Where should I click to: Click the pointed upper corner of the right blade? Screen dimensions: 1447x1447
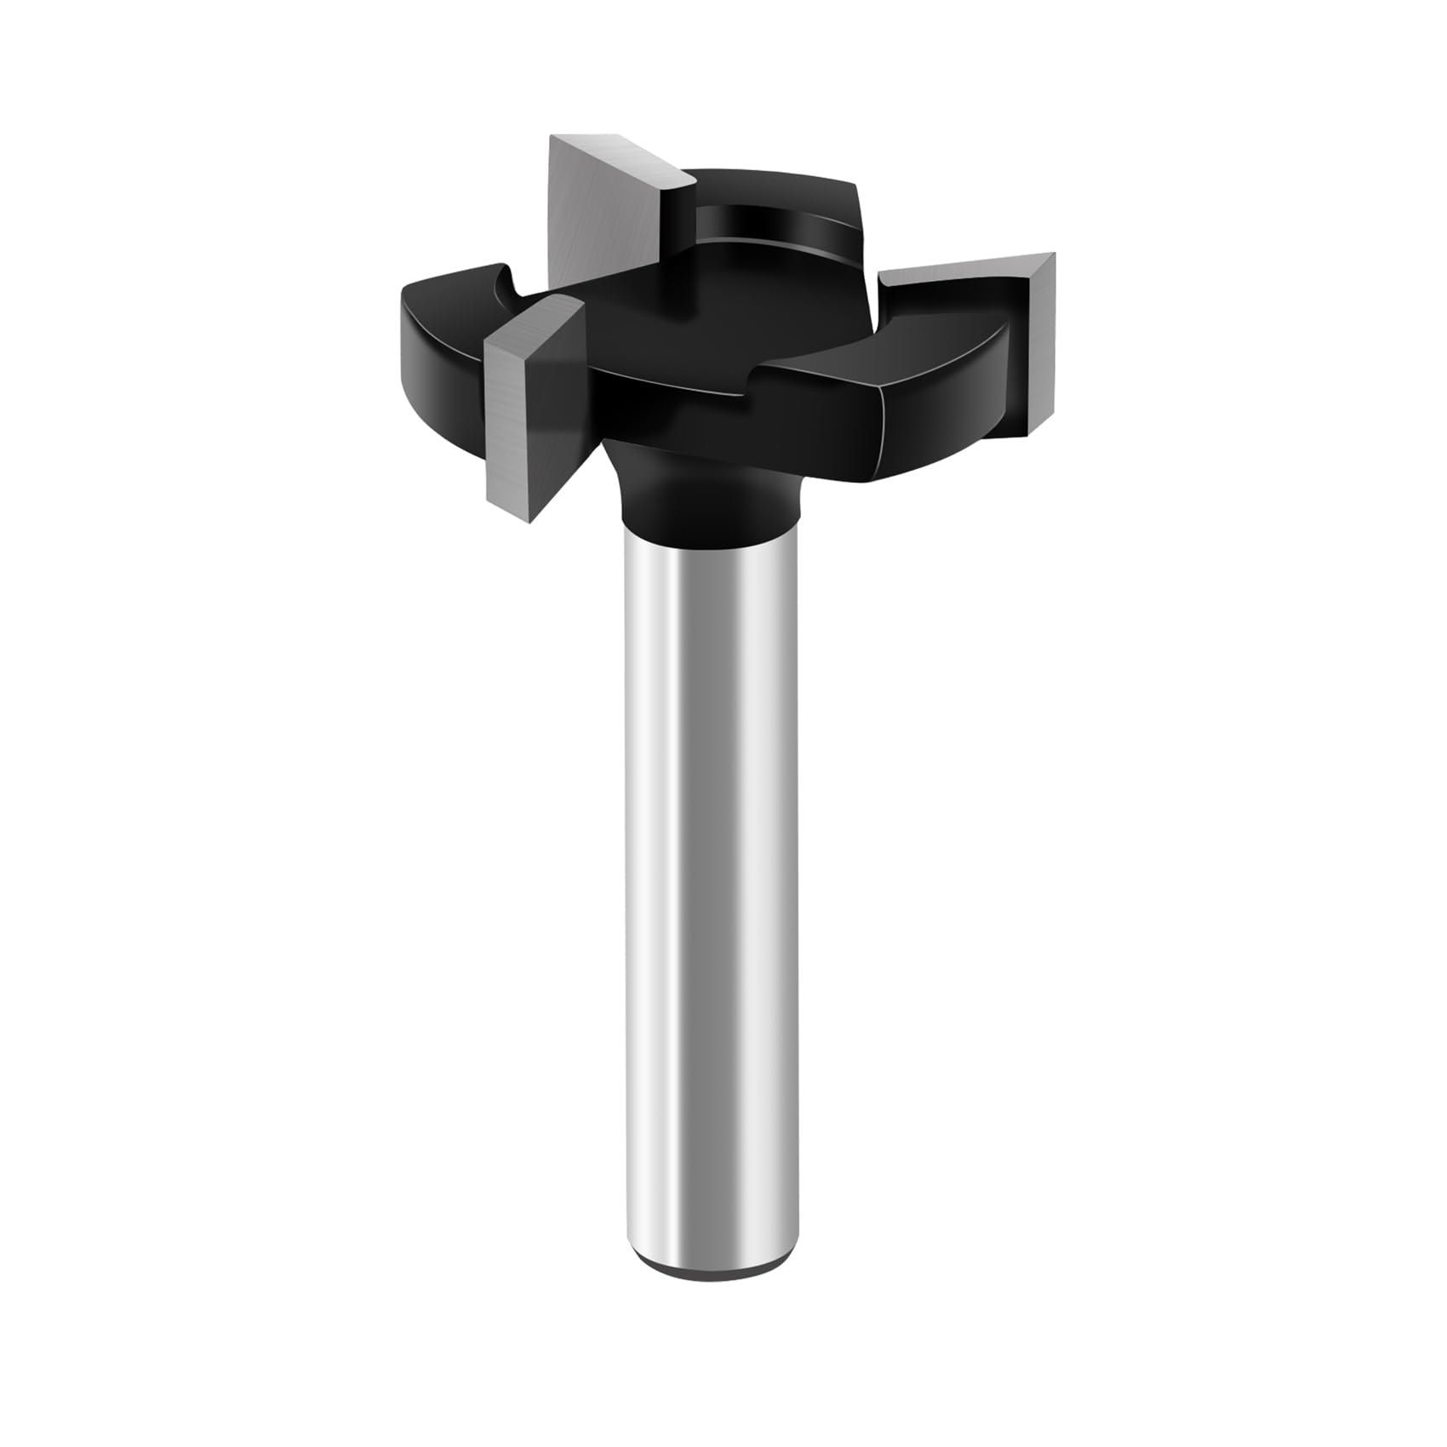(x=1054, y=255)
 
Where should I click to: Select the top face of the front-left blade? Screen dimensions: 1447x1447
(x=532, y=319)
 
